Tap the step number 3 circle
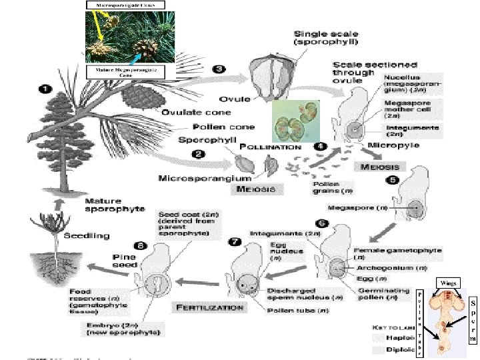click(218, 68)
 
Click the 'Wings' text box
click(447, 283)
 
